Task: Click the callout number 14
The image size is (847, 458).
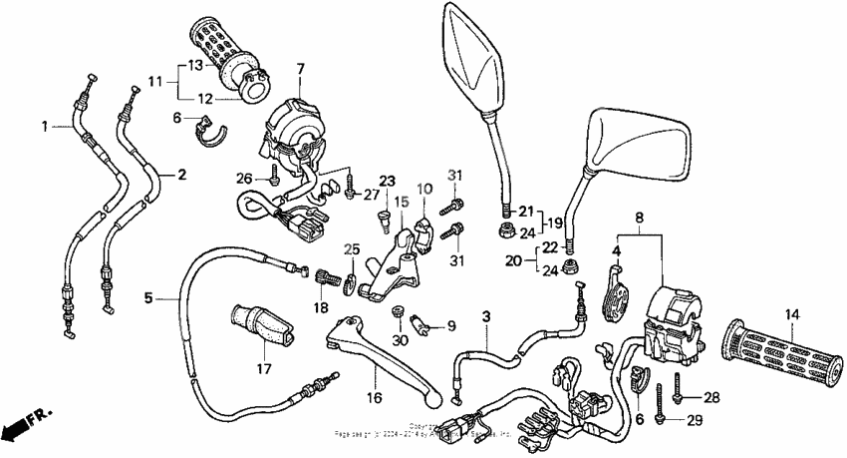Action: (x=791, y=315)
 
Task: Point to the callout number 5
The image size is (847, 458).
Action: (x=148, y=296)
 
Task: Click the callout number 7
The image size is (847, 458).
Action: (x=298, y=68)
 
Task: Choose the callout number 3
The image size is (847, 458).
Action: (x=486, y=317)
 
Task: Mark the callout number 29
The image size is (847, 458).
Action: (x=695, y=420)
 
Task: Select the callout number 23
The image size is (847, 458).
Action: (x=387, y=181)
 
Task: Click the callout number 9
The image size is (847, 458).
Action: (x=449, y=325)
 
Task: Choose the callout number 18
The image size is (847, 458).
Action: (x=321, y=307)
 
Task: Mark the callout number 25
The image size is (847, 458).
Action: (x=351, y=248)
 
